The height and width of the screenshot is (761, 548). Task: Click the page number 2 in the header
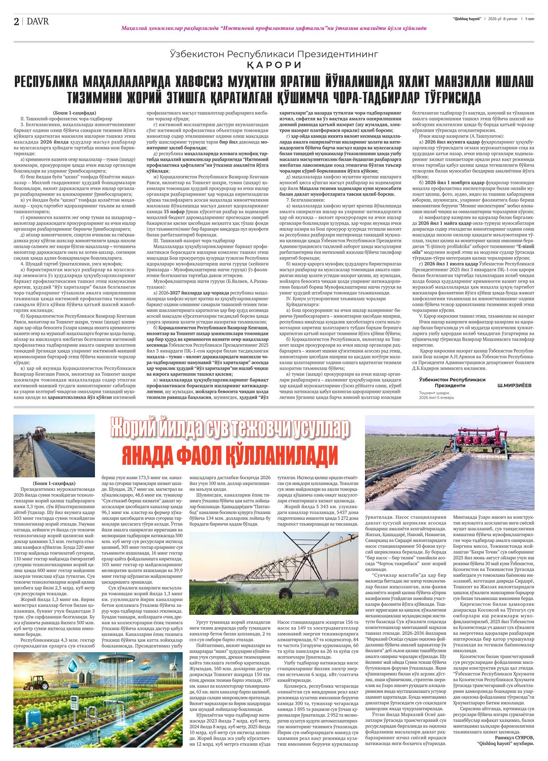coord(16,22)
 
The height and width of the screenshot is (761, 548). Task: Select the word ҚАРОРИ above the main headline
coord(274,65)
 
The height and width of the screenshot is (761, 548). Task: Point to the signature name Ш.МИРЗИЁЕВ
coord(515,385)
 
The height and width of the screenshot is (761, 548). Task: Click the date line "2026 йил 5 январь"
coord(436,398)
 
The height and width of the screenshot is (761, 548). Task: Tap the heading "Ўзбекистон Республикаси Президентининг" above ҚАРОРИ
coord(274,54)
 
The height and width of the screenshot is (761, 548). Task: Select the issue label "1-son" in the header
coord(530,18)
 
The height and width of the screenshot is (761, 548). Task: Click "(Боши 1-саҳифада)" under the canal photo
coord(54,483)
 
